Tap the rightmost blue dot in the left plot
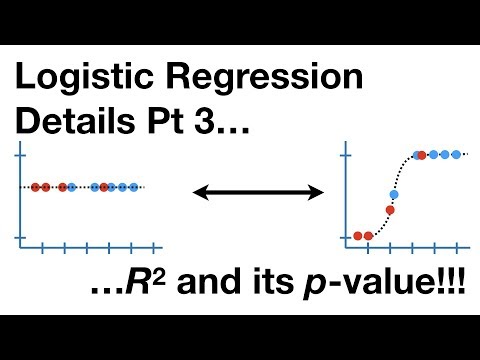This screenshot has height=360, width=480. (134, 187)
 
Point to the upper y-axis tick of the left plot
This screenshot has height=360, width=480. (21, 154)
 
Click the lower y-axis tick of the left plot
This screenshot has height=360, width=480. (21, 236)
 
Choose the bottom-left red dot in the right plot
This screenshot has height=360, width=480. (357, 236)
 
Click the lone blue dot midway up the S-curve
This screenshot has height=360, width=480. (394, 193)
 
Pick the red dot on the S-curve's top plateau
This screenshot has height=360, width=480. (421, 155)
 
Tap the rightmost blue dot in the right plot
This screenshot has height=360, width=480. (458, 155)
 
